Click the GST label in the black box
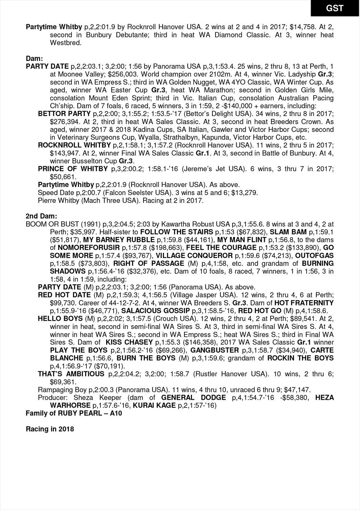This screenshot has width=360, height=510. pos(334,8)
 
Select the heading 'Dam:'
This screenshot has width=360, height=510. pos(34,59)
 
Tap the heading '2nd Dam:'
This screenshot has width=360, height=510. pos(41,216)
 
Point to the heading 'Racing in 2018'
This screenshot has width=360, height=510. pos(50,429)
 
